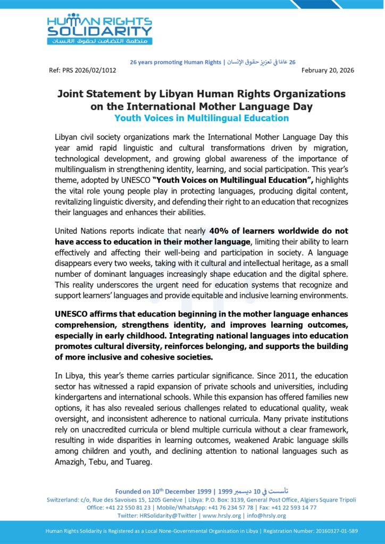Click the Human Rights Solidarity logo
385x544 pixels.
99,29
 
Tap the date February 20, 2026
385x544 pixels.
324,70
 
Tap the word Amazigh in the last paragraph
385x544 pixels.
70,462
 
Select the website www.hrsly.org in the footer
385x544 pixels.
221,515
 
